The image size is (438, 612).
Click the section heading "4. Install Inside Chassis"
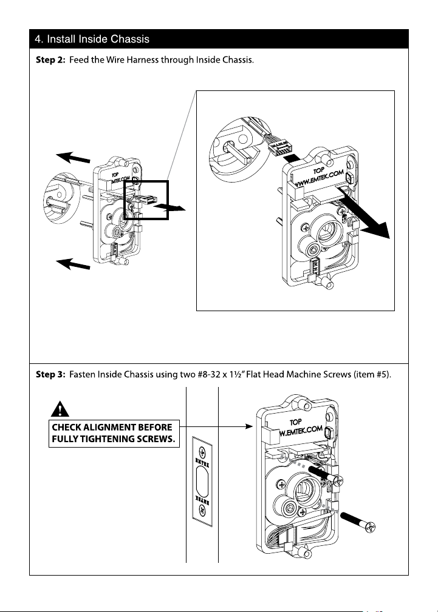click(92, 39)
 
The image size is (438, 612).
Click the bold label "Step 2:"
click(50, 60)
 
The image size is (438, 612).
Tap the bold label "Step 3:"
click(50, 375)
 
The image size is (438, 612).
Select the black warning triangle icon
click(60, 409)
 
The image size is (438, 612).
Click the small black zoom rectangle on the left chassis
click(146, 200)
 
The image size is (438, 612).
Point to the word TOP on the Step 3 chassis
click(296, 422)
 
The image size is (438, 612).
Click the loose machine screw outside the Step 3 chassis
click(358, 522)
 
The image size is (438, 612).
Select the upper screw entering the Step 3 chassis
click(324, 474)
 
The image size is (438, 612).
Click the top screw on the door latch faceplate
click(202, 453)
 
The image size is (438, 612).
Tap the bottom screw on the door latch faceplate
click(202, 509)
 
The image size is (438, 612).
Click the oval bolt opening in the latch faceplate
click(202, 482)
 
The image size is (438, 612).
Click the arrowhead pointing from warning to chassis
click(248, 426)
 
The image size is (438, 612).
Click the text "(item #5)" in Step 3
click(372, 375)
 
